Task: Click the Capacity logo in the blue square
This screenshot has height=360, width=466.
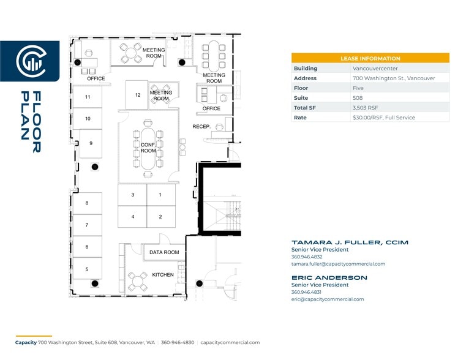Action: [x=29, y=61]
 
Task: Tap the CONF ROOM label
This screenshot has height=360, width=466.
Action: [x=148, y=148]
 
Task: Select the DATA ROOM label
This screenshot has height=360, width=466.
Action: [x=164, y=252]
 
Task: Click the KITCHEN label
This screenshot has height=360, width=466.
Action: [x=163, y=275]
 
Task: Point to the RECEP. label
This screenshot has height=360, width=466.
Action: [x=201, y=127]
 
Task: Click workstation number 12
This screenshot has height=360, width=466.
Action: [x=138, y=95]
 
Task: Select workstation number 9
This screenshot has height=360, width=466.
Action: [x=91, y=143]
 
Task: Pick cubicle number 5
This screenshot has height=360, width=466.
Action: [x=87, y=269]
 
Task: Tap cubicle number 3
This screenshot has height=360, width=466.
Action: [x=133, y=195]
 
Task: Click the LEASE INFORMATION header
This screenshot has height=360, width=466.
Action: [x=370, y=58]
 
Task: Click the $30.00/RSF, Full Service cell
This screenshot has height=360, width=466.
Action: [x=383, y=118]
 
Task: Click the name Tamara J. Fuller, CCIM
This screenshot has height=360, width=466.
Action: [x=350, y=242]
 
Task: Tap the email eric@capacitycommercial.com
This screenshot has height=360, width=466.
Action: [x=328, y=299]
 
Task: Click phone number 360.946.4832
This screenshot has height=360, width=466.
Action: [x=307, y=257]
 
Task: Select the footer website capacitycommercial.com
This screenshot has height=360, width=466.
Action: [x=230, y=343]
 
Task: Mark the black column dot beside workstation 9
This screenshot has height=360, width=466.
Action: [x=95, y=167]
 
